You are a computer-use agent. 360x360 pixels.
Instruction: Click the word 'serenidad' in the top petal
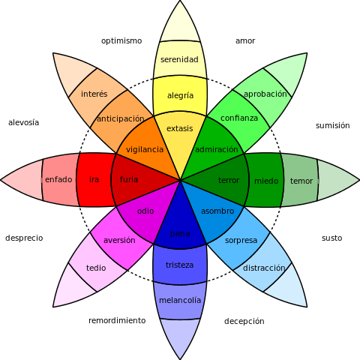point(180,59)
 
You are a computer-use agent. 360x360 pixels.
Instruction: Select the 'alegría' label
point(180,95)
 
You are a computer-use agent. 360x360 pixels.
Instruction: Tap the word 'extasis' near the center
point(180,128)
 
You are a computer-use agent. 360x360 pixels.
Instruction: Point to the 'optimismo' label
point(121,40)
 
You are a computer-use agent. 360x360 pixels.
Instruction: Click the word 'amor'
point(245,40)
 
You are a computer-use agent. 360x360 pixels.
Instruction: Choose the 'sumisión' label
point(332,125)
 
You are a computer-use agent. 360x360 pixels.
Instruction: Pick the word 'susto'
point(331,238)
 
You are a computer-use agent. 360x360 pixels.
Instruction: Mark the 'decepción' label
point(244,321)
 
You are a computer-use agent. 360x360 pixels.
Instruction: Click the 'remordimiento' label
point(117,320)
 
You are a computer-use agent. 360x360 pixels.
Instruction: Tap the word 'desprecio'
point(24,238)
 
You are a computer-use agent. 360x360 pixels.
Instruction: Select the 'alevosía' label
point(23,122)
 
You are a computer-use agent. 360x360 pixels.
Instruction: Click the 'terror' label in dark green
point(229,181)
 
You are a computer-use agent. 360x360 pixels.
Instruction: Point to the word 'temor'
point(301,181)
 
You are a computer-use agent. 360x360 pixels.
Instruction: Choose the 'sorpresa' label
point(241,241)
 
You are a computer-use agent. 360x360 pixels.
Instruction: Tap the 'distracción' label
point(264,268)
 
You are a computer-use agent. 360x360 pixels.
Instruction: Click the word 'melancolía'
point(180,300)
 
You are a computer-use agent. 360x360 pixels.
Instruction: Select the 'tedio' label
point(96,268)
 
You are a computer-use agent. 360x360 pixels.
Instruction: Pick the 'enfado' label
point(58,180)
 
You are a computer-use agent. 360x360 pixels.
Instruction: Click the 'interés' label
point(94,94)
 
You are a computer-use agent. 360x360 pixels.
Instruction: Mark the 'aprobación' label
point(265,94)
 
